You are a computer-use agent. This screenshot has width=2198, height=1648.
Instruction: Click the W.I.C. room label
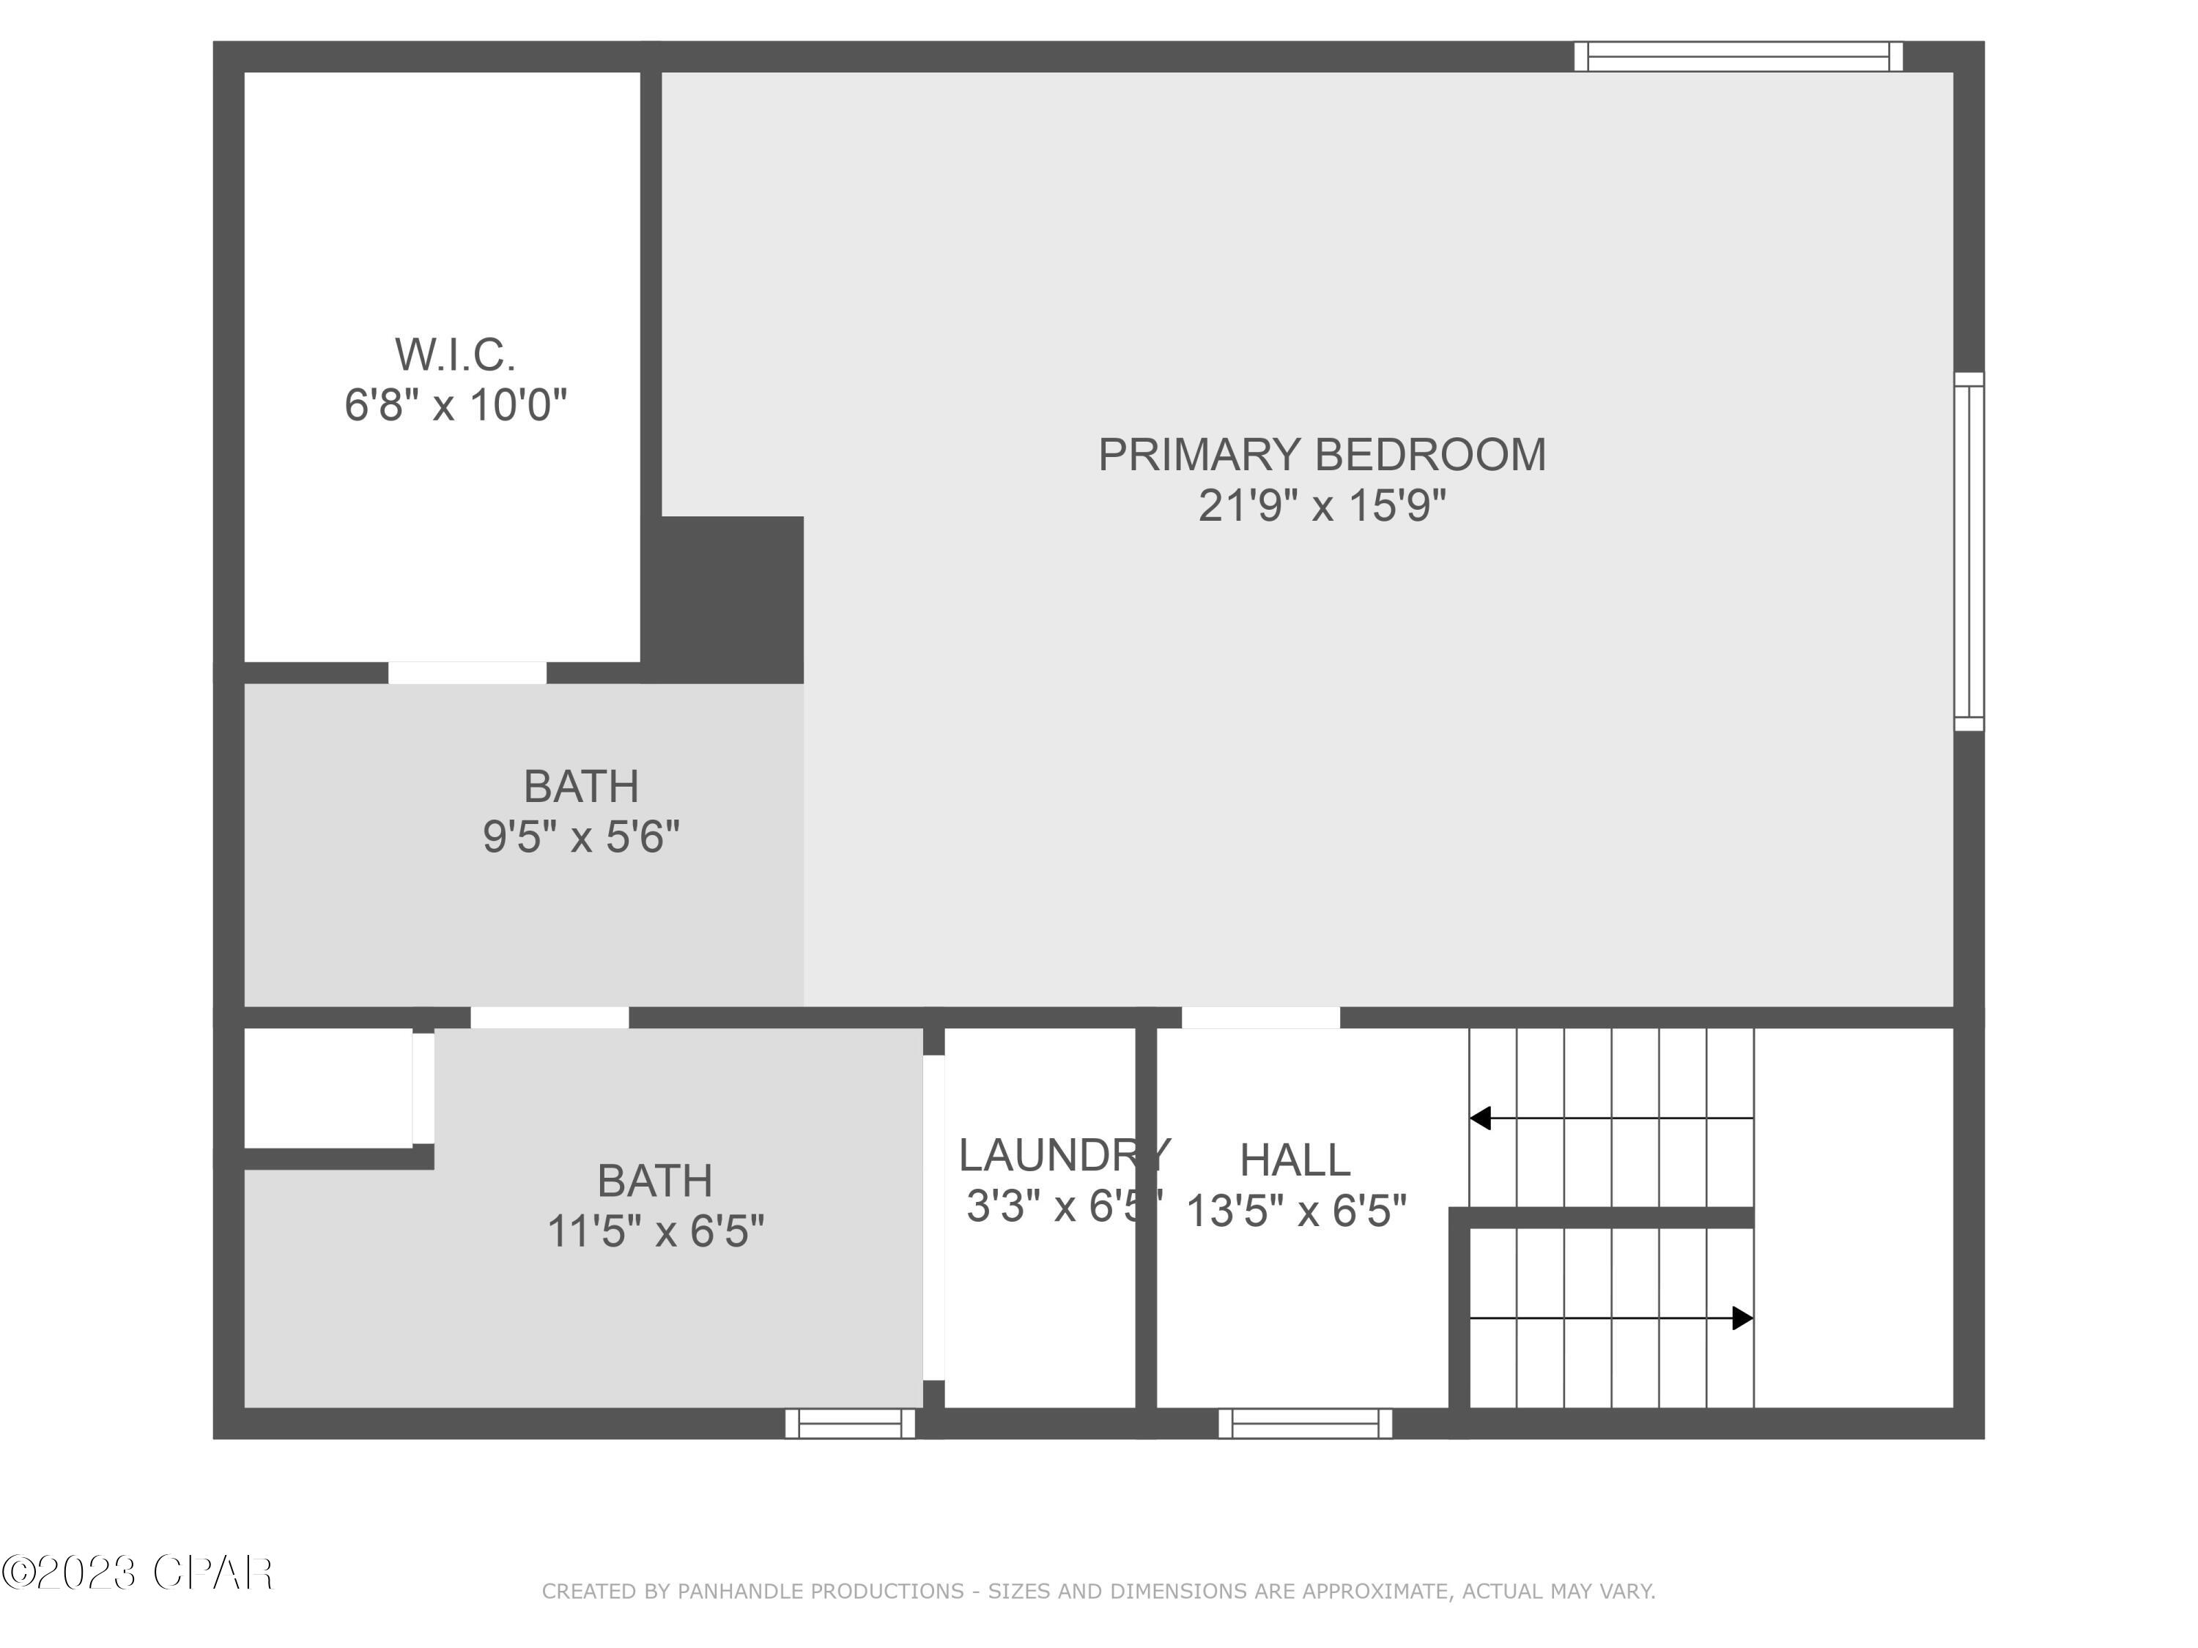(455, 355)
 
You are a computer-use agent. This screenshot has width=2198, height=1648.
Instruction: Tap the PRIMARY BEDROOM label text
(1322, 455)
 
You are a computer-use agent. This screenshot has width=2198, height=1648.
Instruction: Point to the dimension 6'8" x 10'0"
(455, 405)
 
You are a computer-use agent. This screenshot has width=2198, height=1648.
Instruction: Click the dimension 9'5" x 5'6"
(581, 837)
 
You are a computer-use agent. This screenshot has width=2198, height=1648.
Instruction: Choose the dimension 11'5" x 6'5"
(656, 1232)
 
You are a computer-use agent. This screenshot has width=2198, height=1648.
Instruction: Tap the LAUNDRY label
(1063, 1155)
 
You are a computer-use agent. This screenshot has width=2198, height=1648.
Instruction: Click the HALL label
(1295, 1160)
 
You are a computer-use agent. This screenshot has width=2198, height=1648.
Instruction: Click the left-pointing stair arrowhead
(1481, 1118)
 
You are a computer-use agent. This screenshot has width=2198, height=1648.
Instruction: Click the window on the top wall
(1738, 56)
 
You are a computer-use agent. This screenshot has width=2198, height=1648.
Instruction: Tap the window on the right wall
(1969, 552)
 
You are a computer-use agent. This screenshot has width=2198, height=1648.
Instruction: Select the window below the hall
(1305, 1423)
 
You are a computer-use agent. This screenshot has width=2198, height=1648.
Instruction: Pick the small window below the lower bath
(850, 1423)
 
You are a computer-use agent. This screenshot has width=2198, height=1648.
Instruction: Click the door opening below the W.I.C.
(467, 672)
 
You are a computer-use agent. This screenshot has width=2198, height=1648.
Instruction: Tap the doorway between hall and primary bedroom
(1260, 1017)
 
